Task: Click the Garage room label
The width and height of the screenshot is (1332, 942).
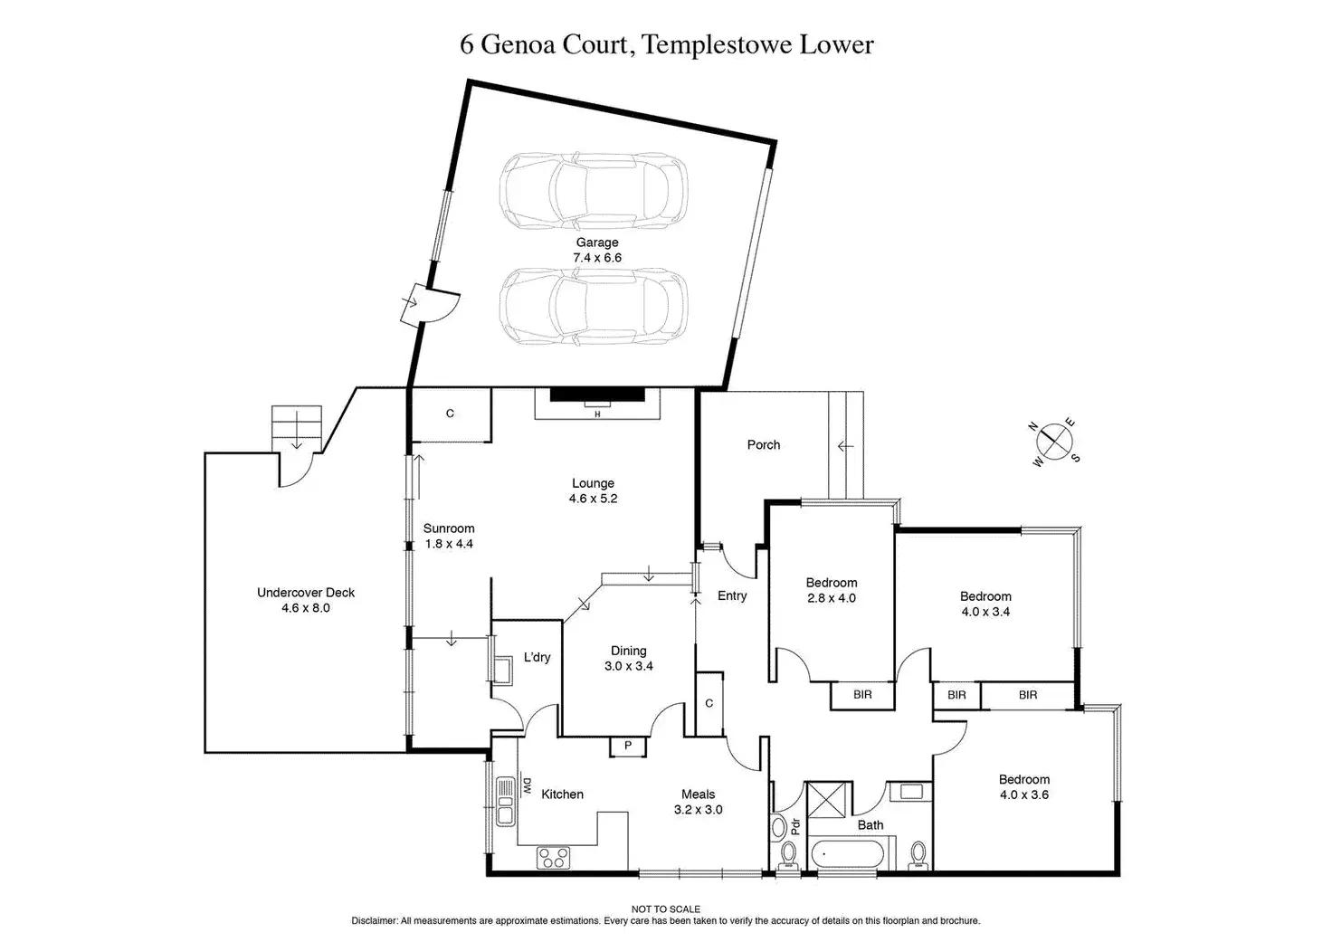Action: click(x=597, y=243)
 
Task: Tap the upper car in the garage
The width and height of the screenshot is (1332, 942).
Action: click(x=593, y=190)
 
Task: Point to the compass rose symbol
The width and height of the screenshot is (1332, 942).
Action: click(x=1054, y=442)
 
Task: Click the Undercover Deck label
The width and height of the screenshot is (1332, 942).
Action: click(x=306, y=593)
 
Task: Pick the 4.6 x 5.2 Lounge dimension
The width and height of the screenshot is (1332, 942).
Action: click(x=593, y=499)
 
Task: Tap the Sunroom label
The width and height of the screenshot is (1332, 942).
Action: click(x=449, y=528)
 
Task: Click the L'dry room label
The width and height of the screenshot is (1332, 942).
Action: click(x=537, y=657)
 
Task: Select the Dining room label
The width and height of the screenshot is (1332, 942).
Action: click(x=628, y=651)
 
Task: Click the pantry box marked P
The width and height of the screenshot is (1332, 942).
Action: click(x=628, y=746)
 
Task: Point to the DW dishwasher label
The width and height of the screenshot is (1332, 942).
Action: click(x=526, y=786)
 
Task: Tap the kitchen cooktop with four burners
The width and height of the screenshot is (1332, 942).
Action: click(x=553, y=857)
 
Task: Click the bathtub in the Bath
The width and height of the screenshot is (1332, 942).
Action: click(x=850, y=854)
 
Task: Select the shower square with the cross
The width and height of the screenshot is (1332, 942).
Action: click(x=829, y=798)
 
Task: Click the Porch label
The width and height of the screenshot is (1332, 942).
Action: click(x=764, y=444)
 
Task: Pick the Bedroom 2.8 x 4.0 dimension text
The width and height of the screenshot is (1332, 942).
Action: click(x=831, y=598)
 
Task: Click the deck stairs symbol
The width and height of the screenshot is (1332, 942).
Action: click(x=297, y=427)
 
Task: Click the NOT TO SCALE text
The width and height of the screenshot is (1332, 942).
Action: click(x=665, y=909)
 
